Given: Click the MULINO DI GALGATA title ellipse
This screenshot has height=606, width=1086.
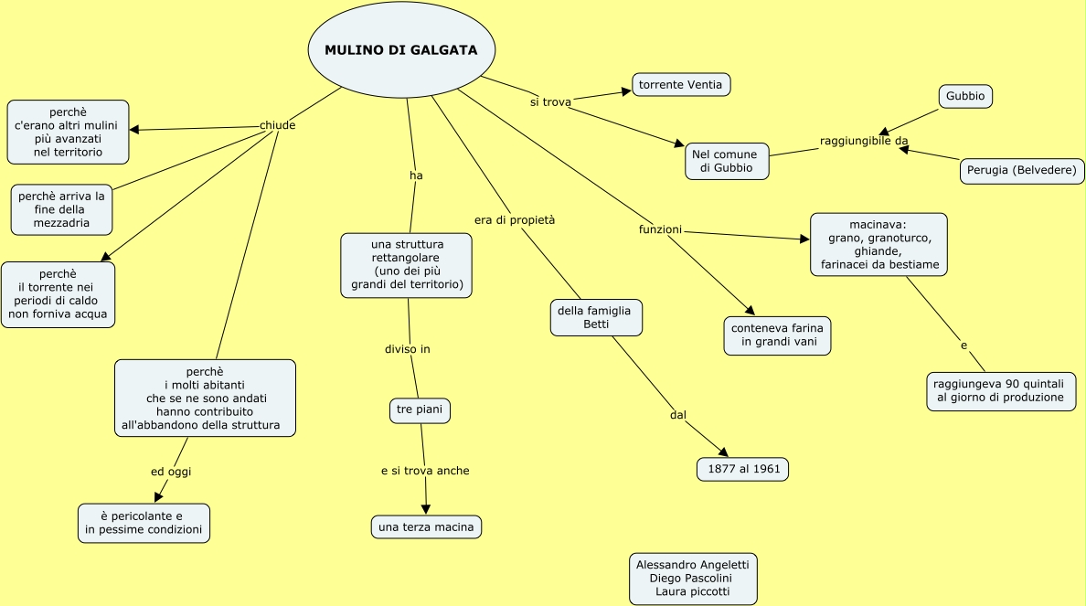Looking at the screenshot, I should tap(400, 50).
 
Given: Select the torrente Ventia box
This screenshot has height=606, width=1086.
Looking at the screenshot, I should tap(681, 85).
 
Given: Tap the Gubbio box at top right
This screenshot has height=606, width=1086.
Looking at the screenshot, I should tap(965, 96).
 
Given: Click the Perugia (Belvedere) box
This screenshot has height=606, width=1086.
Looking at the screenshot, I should tap(1022, 171).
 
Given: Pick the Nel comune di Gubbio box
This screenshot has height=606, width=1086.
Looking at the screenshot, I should tap(726, 161).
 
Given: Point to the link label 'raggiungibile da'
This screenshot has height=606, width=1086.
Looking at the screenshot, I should tap(864, 140).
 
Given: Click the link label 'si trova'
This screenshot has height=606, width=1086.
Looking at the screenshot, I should tap(550, 101).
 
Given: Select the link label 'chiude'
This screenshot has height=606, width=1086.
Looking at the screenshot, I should tap(278, 125).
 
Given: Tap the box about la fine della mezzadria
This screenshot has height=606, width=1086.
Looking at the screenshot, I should tap(61, 209).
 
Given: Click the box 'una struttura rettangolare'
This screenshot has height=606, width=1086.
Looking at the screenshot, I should tap(407, 265).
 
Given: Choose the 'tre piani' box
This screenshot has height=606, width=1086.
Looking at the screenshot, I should tap(420, 410).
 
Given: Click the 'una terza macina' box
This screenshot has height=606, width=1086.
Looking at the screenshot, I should tap(426, 527).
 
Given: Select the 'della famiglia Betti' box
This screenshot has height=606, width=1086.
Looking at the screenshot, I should tap(595, 317).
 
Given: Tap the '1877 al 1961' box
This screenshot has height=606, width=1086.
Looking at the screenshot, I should tap(742, 469).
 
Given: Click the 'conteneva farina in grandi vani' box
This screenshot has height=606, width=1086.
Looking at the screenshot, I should tap(778, 335).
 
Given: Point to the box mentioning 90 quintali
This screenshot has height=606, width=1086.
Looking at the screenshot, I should tap(1000, 391).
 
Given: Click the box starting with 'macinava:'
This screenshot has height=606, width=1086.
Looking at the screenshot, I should tap(878, 244).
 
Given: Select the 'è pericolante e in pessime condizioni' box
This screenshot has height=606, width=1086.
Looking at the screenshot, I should tap(144, 523).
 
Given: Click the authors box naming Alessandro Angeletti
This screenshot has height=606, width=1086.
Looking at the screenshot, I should tap(693, 579).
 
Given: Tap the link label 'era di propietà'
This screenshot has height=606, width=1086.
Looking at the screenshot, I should tap(515, 220).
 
